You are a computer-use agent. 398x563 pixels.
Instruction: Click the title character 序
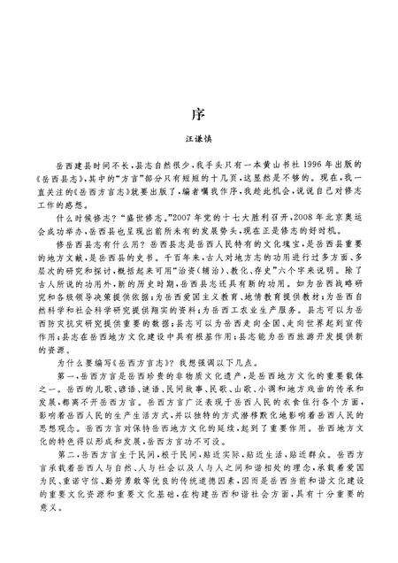pyautogui.click(x=199, y=115)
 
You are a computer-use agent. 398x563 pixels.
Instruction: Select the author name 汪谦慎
pyautogui.click(x=199, y=140)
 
